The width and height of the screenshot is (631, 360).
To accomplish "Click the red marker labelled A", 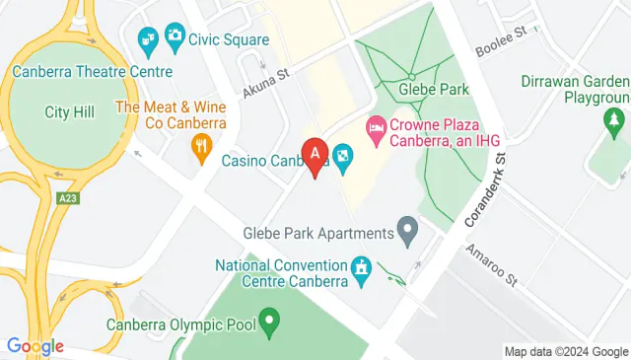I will click(x=315, y=156).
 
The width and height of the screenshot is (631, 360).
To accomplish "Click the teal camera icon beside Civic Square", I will click(x=175, y=38).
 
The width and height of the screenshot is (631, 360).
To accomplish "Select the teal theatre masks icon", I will click(x=148, y=38).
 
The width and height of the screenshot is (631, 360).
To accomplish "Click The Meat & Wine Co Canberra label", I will click(x=171, y=114).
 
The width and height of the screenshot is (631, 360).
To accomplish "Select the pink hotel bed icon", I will click(x=376, y=128).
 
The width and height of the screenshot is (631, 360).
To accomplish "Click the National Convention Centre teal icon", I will click(x=362, y=267).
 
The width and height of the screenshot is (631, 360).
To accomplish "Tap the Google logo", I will click(x=35, y=346).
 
